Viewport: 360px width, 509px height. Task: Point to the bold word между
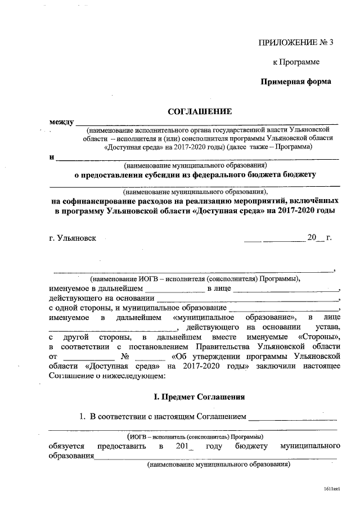pos(61,122)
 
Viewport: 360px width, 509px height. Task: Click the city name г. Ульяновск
pos(73,237)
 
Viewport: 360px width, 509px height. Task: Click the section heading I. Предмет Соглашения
pos(199,397)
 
